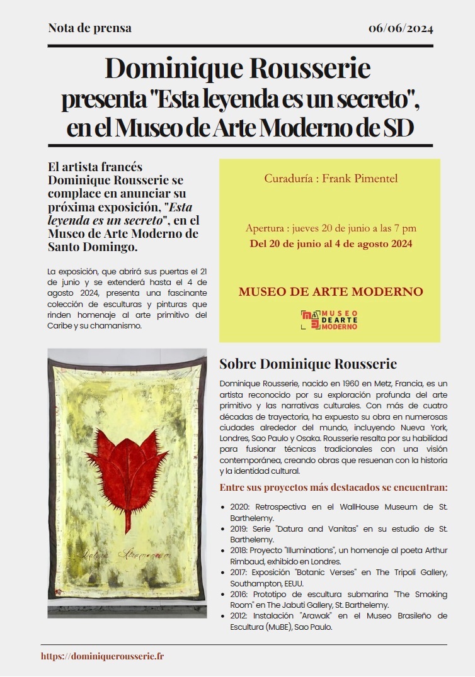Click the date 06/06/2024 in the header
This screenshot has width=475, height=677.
pos(401,28)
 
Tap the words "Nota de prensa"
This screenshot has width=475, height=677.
pos(89,28)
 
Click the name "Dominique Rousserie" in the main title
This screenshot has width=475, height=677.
pos(237,69)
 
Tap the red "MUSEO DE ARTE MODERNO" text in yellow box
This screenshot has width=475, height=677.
pos(330,292)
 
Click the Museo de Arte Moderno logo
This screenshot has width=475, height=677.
pos(329,320)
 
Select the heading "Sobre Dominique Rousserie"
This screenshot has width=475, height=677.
pos(307,364)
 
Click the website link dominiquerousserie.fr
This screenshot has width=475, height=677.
pos(103,656)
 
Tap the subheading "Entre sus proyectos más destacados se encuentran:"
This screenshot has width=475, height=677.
pos(333,488)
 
